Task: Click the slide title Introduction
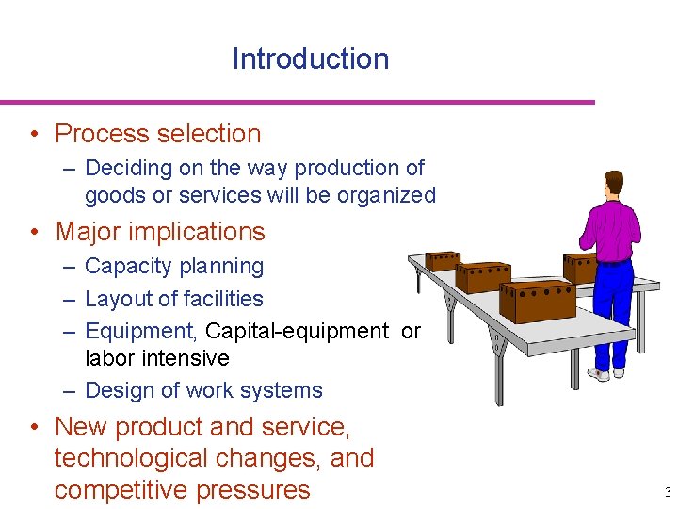coord(310,58)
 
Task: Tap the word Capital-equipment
coord(296,331)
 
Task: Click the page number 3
coord(667,492)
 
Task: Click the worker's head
coord(614,182)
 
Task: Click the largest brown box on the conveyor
coord(536,301)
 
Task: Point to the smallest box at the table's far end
coord(442,260)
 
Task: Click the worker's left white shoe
coord(597,374)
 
